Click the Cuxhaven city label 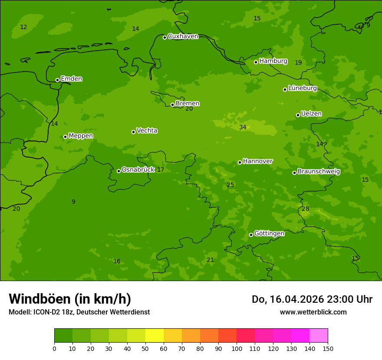point(183,36)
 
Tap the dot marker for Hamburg point(256,62)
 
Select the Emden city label point(71,79)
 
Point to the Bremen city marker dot point(172,105)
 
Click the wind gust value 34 point(243,127)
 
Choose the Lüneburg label point(302,88)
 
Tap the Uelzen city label point(311,114)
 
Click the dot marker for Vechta point(133,132)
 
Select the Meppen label point(81,136)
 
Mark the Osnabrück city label point(138,170)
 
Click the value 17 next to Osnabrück point(161,170)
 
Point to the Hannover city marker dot point(240,162)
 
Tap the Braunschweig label point(319,172)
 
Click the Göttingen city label point(269,234)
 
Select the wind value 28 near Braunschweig point(306,209)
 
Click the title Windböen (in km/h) point(70,299)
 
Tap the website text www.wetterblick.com point(313,312)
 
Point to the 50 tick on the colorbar point(145,348)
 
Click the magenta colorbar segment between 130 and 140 point(300,335)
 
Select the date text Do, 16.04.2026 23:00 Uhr point(312,299)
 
